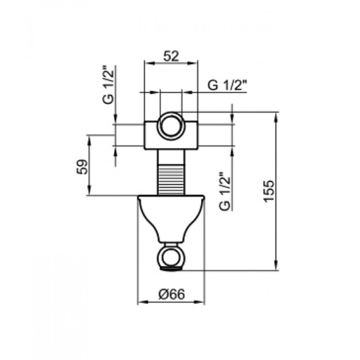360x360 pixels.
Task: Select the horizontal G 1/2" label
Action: point(227,86)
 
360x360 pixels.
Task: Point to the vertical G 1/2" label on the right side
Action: point(225,191)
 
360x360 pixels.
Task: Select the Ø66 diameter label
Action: point(172,293)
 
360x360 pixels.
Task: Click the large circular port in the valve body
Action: point(171,127)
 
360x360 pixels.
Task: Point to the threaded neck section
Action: point(171,173)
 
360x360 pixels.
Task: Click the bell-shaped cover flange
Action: point(171,217)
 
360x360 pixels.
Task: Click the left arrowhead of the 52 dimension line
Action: point(147,62)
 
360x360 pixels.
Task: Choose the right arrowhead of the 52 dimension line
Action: point(196,62)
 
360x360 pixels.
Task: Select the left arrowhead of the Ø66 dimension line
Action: point(141,302)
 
